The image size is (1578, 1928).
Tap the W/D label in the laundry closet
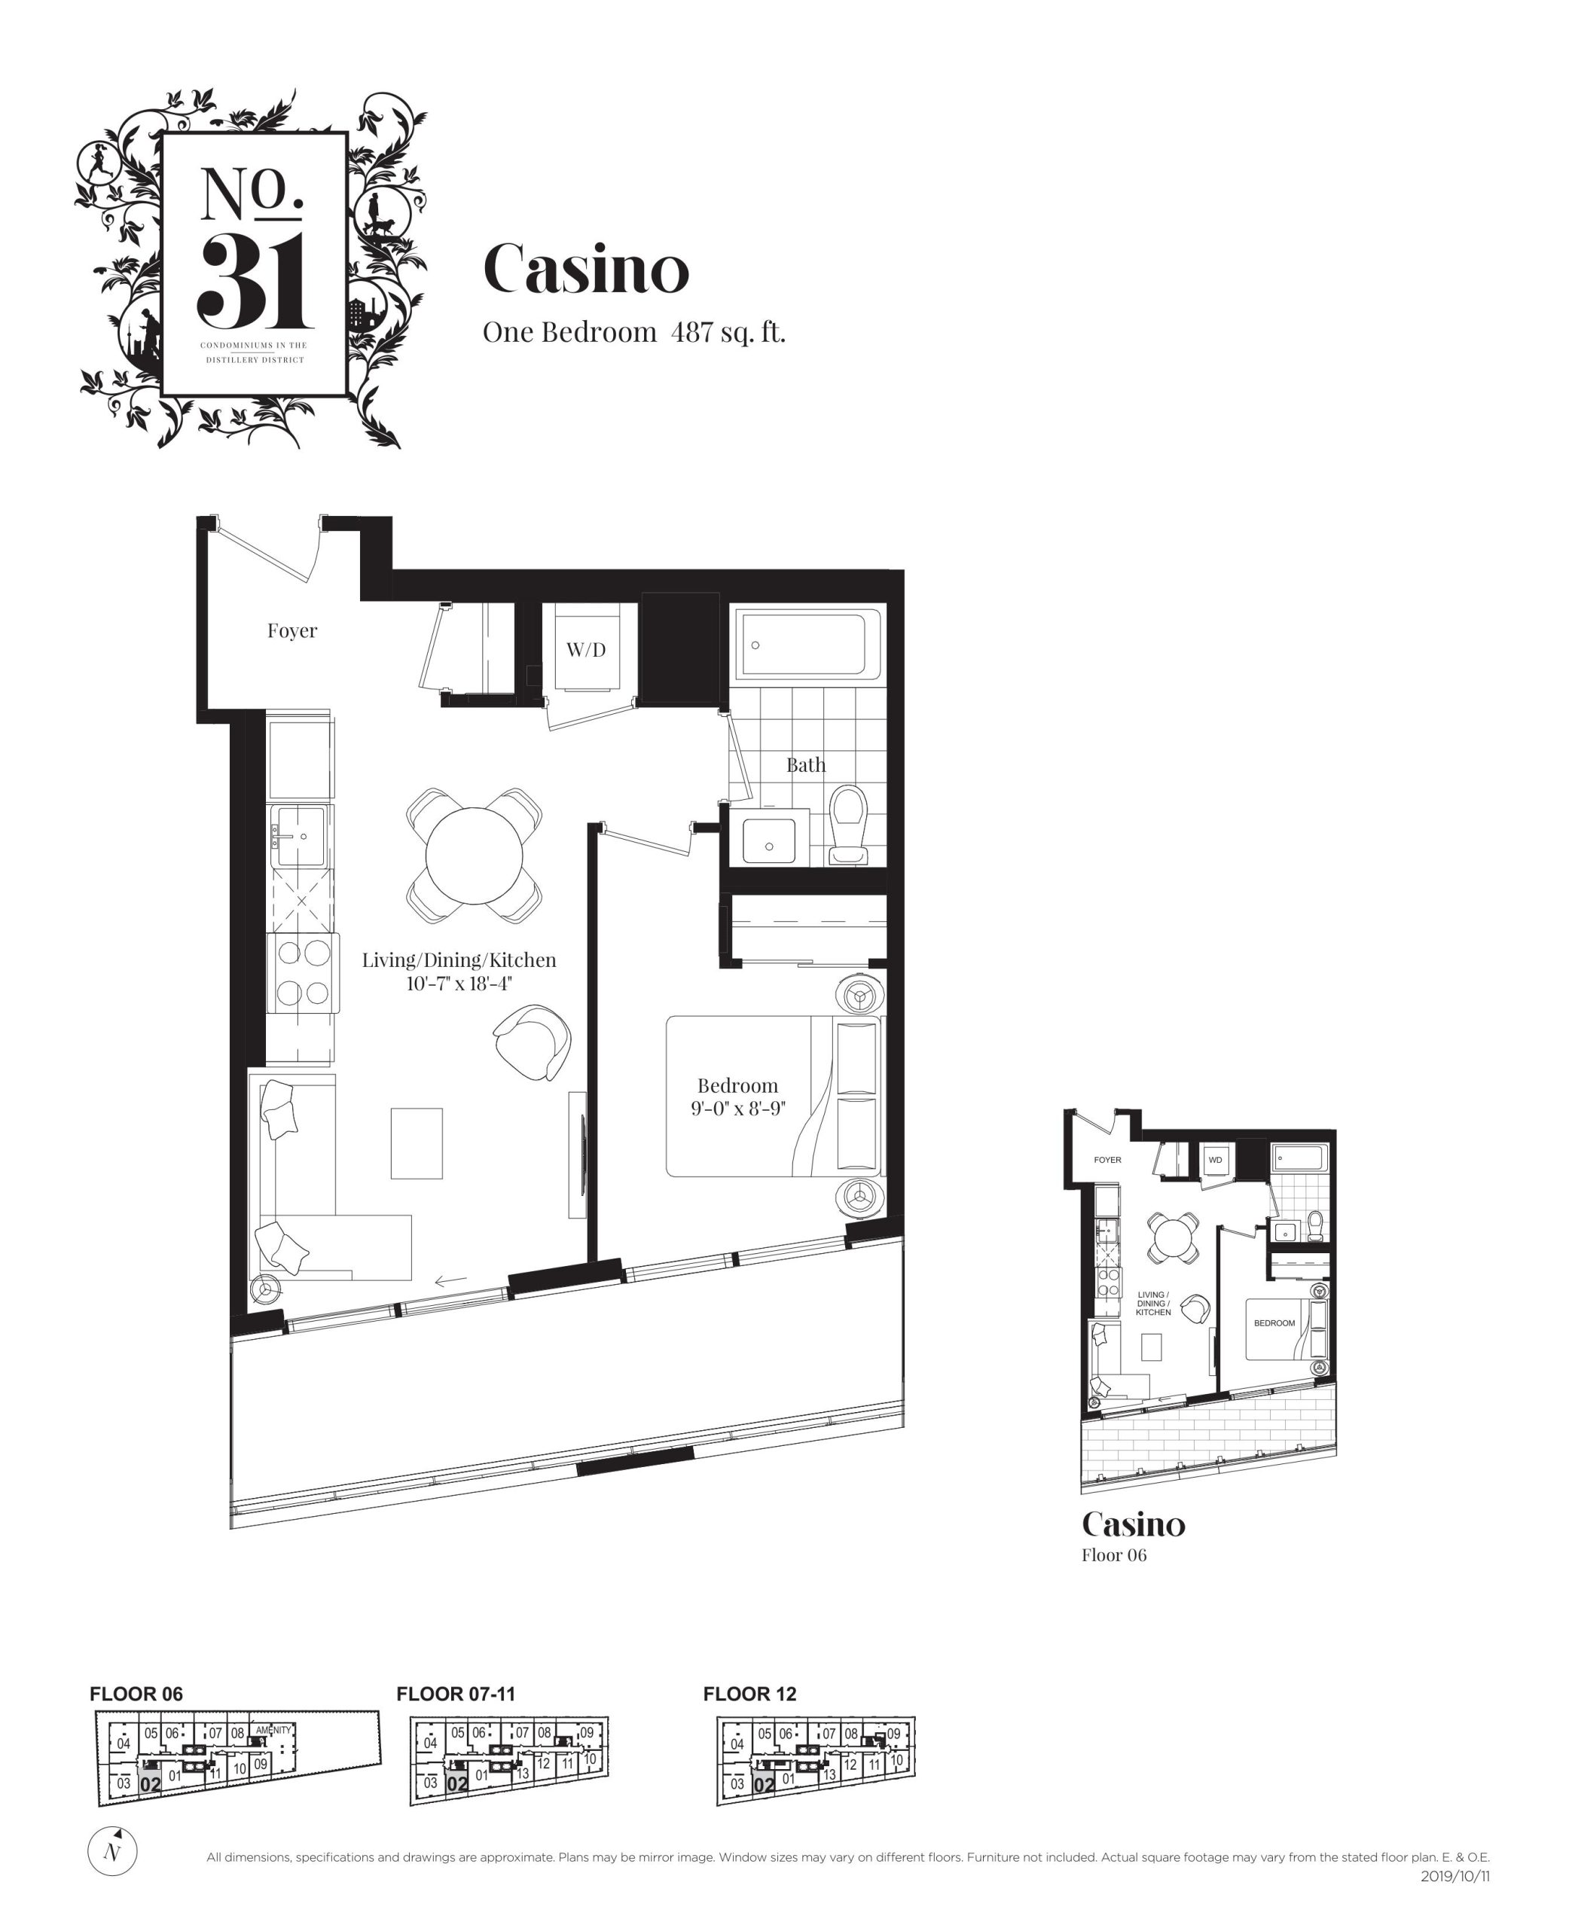point(585,649)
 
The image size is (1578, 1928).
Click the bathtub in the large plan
point(808,646)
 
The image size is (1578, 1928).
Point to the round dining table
point(475,855)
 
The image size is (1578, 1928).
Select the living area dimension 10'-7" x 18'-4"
point(459,984)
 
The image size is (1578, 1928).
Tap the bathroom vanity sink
point(769,840)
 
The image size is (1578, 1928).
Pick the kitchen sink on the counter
point(299,835)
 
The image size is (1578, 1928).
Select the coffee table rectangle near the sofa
point(417,1142)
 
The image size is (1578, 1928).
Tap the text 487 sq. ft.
point(728,333)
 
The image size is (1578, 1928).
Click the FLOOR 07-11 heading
point(456,1694)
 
